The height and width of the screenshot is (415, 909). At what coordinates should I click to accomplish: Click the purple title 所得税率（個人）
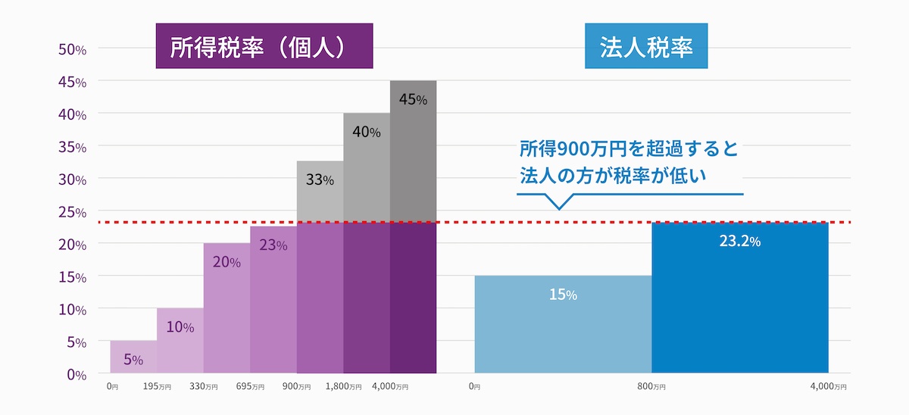(x=264, y=47)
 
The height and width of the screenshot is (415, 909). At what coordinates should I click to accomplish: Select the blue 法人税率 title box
(x=646, y=47)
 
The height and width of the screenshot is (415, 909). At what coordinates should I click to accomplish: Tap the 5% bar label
(x=133, y=359)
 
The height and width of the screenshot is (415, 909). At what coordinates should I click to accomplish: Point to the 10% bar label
(x=180, y=327)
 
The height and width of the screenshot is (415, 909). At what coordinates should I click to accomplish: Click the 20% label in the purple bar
(x=226, y=262)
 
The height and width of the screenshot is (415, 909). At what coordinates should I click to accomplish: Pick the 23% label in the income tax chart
(x=273, y=245)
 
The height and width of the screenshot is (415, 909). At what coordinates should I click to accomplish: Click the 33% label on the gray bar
(x=320, y=180)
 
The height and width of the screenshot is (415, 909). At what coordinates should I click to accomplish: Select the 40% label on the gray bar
(x=366, y=132)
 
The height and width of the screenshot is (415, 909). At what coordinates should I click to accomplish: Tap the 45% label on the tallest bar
(x=413, y=99)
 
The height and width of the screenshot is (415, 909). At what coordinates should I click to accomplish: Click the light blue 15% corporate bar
(x=563, y=324)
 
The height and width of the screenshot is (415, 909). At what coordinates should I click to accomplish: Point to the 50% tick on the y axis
(x=73, y=49)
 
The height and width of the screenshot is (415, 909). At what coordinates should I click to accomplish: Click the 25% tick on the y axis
(x=73, y=212)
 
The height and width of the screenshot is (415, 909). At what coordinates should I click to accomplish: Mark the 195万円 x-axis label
(x=157, y=387)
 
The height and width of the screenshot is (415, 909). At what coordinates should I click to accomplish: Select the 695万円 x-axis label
(x=250, y=387)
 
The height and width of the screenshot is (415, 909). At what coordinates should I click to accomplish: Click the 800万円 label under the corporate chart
(x=651, y=387)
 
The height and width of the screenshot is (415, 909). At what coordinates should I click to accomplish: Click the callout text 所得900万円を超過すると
(x=629, y=148)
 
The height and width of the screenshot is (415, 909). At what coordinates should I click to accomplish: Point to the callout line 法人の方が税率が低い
(x=613, y=176)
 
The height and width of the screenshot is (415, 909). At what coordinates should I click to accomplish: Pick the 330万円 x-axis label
(x=204, y=387)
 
